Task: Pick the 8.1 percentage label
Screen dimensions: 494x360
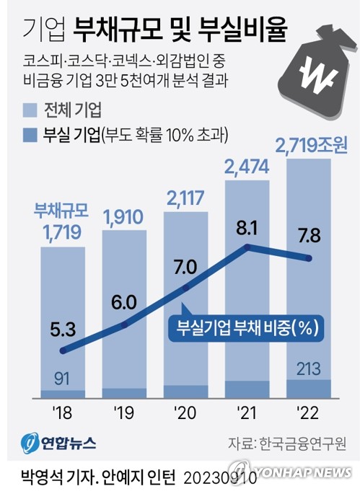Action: coord(247,229)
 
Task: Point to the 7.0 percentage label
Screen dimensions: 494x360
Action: coord(185,268)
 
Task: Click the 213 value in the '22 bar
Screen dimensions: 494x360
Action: coord(309,370)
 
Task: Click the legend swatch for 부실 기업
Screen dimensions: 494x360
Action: coord(30,133)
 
